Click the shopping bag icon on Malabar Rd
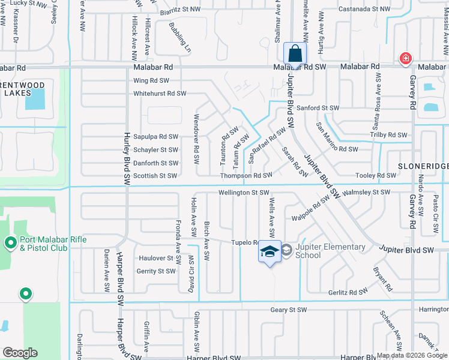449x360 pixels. (295, 53)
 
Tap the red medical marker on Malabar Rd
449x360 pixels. (406, 59)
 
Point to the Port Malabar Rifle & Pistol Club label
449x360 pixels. (53, 244)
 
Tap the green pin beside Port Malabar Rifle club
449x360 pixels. (25, 294)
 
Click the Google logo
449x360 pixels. (20, 352)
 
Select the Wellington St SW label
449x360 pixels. (244, 193)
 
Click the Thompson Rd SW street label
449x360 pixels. (246, 175)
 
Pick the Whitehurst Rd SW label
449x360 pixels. (160, 94)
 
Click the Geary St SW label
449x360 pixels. (289, 310)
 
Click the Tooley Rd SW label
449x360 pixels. (376, 175)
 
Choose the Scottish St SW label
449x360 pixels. (155, 176)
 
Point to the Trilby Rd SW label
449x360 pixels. (388, 135)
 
